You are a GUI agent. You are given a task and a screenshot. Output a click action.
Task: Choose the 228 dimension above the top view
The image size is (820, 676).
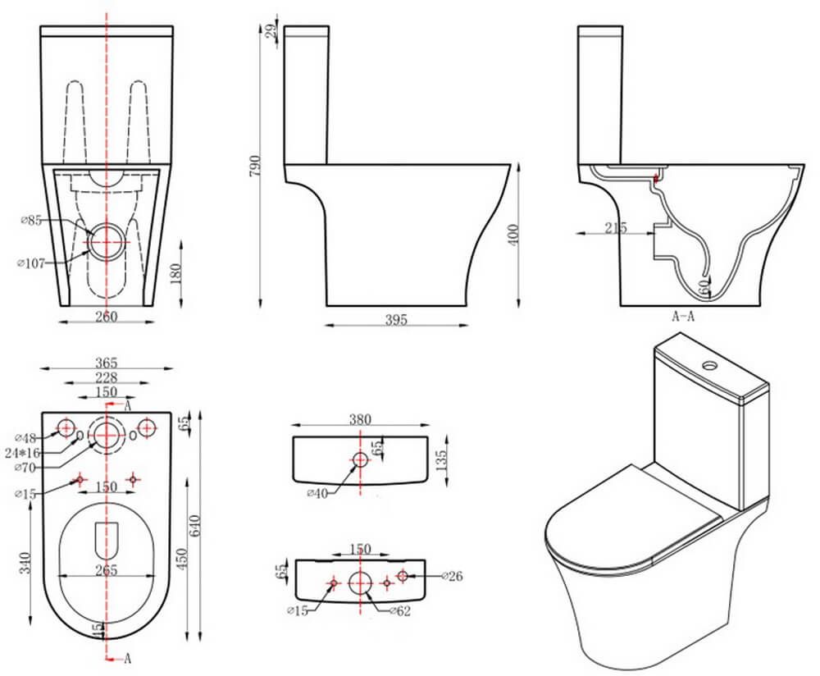click(x=107, y=378)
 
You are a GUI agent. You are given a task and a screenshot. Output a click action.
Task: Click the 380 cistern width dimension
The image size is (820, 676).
click(x=361, y=419)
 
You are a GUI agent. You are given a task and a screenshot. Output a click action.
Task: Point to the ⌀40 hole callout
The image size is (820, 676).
click(x=318, y=493)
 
